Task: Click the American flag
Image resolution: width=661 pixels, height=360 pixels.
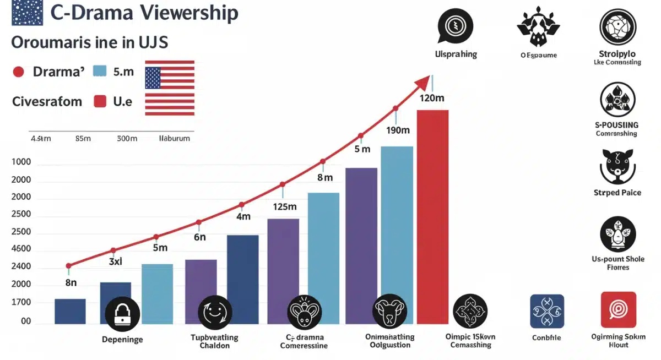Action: pyautogui.click(x=170, y=88)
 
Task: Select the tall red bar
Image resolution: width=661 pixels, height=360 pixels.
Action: pyautogui.click(x=432, y=217)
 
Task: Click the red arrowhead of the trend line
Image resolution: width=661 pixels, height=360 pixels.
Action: pyautogui.click(x=423, y=83)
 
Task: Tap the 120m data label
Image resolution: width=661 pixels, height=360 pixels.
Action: pyautogui.click(x=432, y=99)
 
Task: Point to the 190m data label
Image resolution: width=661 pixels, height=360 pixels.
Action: pyautogui.click(x=397, y=130)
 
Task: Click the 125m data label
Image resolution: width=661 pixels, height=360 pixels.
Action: pyautogui.click(x=285, y=207)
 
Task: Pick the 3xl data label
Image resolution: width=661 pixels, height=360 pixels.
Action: pyautogui.click(x=115, y=262)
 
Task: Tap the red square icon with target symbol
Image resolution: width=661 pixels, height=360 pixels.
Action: pyautogui.click(x=618, y=310)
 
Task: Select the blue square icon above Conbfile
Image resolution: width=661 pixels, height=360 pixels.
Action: pyautogui.click(x=546, y=311)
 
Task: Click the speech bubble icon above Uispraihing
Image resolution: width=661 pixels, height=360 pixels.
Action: pyautogui.click(x=455, y=26)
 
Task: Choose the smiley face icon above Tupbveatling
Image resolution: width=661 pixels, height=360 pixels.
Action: pyautogui.click(x=215, y=313)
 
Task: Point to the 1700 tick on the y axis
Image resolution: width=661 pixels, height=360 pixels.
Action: pyautogui.click(x=21, y=303)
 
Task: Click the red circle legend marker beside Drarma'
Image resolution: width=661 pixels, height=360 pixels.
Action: pyautogui.click(x=18, y=72)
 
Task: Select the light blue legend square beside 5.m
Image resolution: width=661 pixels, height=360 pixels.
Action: pyautogui.click(x=100, y=72)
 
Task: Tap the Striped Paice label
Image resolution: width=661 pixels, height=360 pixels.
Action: pyautogui.click(x=617, y=193)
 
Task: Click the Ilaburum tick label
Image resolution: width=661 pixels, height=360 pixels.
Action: pyautogui.click(x=174, y=139)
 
